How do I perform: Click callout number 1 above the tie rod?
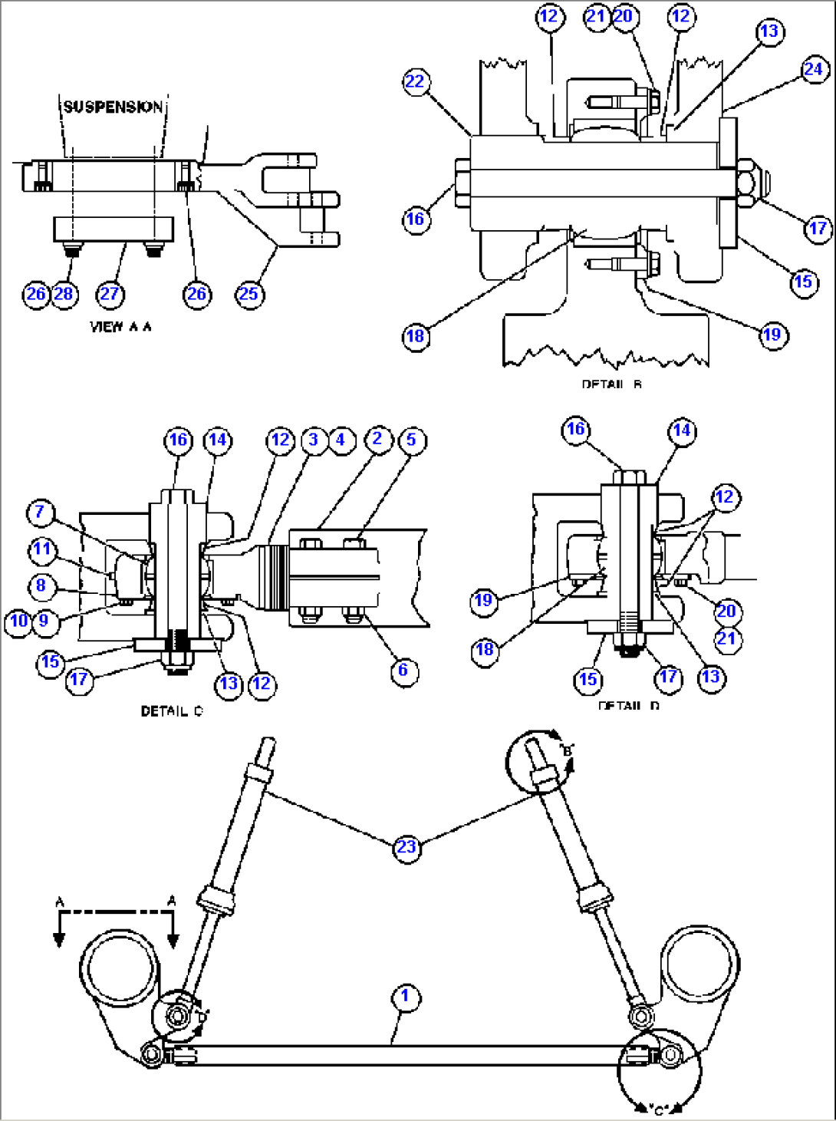click(x=405, y=997)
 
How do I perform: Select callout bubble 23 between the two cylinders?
click(x=406, y=847)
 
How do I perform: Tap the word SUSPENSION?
click(x=113, y=107)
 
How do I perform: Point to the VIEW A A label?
click(x=120, y=327)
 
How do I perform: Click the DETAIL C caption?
click(x=172, y=711)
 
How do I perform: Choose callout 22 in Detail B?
click(x=415, y=82)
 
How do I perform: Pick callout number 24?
click(x=813, y=69)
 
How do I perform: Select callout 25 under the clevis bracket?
click(x=248, y=294)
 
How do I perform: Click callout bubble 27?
click(x=110, y=294)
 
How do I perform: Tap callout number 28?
click(x=64, y=294)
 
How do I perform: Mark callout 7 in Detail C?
click(x=41, y=512)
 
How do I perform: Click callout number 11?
click(x=41, y=549)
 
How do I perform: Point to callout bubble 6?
click(x=403, y=671)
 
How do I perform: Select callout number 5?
click(x=412, y=440)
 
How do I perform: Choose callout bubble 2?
click(x=377, y=440)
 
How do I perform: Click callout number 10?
click(x=19, y=621)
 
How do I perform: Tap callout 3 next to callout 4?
click(x=313, y=440)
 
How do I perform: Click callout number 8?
click(x=41, y=586)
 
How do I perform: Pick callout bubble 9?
click(x=44, y=621)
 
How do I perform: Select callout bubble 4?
click(x=341, y=440)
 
